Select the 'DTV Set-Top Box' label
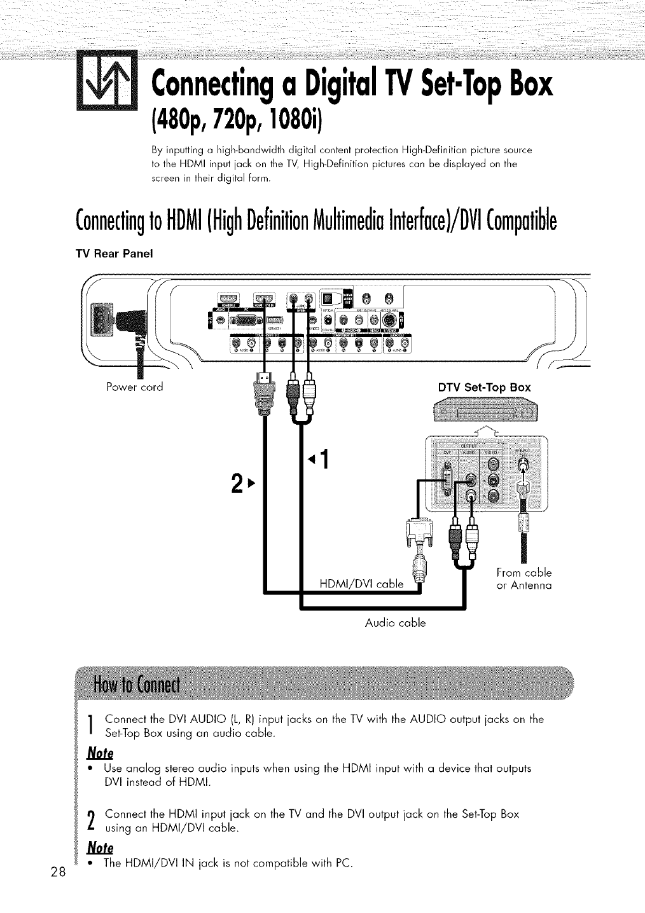pos(484,387)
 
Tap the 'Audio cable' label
pos(396,622)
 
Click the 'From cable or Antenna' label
pos(523,578)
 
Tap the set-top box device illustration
pos(485,413)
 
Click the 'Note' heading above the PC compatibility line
pos(101,848)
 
